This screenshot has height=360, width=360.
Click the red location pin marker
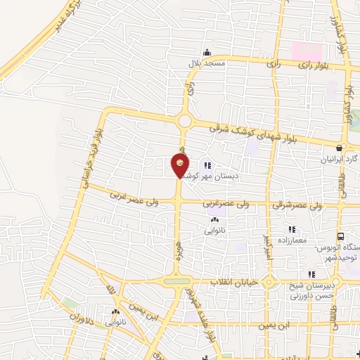pos(181,166)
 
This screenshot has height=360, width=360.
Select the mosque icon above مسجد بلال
pos(207,53)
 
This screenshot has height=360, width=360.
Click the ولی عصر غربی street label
pos(134,195)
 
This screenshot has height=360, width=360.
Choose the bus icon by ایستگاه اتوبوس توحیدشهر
pos(341,237)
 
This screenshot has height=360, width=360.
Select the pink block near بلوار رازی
pos(307,52)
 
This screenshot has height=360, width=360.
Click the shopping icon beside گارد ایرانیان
pos(340,148)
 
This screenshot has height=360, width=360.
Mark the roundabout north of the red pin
pos(185,121)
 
